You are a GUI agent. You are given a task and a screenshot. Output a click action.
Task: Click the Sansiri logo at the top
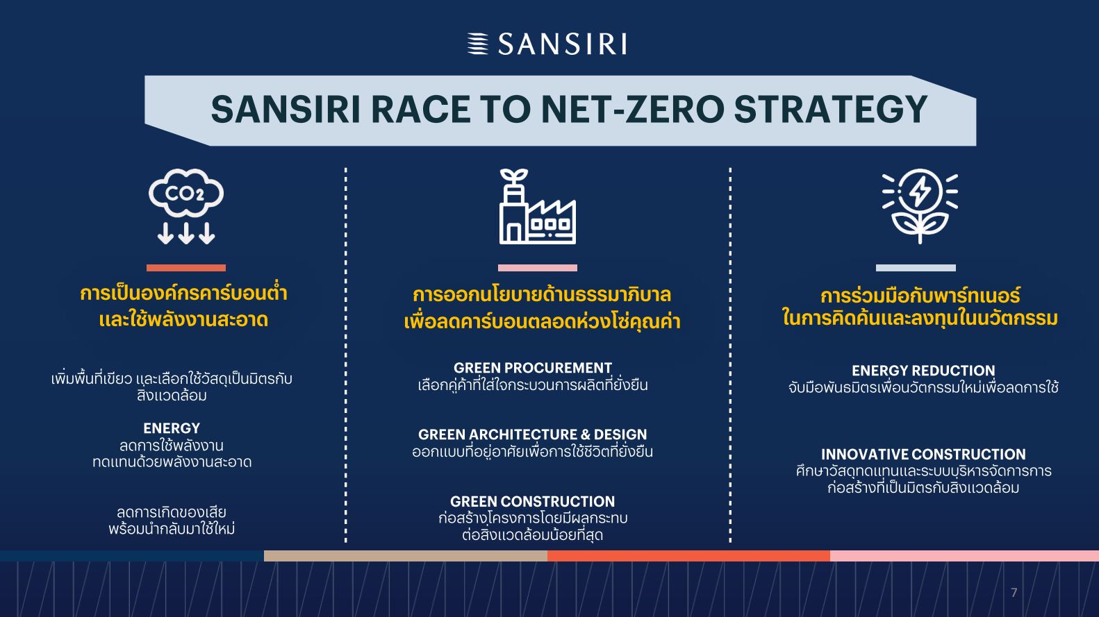(547, 44)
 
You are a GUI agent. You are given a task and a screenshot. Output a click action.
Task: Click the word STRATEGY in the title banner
(830, 109)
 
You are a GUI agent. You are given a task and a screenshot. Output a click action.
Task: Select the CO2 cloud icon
(186, 206)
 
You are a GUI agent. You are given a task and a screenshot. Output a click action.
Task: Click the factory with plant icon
(537, 206)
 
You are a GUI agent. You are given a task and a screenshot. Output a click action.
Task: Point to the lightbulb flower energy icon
(920, 206)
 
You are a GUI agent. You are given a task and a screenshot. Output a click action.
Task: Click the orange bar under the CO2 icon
(186, 268)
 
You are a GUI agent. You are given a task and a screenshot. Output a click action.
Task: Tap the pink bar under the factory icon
(537, 268)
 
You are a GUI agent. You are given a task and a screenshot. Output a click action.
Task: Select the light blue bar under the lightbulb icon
(916, 268)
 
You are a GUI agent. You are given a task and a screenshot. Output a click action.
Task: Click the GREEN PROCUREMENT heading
(532, 368)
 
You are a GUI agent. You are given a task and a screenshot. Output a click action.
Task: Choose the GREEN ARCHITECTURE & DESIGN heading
(532, 434)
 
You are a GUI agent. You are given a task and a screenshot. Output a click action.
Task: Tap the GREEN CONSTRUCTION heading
(532, 501)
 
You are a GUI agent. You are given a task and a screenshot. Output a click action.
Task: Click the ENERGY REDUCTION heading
(923, 371)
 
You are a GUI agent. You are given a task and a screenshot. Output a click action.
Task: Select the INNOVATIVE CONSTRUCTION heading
(923, 455)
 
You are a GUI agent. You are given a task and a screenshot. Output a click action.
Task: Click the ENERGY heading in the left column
(172, 428)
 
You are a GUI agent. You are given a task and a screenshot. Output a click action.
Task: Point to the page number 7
(1014, 593)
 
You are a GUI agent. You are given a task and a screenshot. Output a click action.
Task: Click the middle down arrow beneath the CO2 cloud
(186, 233)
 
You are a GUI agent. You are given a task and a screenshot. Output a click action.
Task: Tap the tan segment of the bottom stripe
(406, 556)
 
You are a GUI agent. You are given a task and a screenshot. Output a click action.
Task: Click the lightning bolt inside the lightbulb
(920, 191)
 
